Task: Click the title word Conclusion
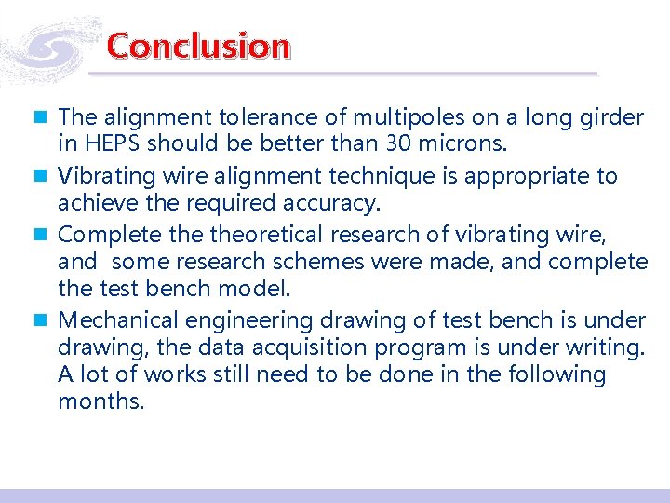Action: pos(198,46)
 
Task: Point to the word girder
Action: pos(611,118)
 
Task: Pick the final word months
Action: pos(100,402)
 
